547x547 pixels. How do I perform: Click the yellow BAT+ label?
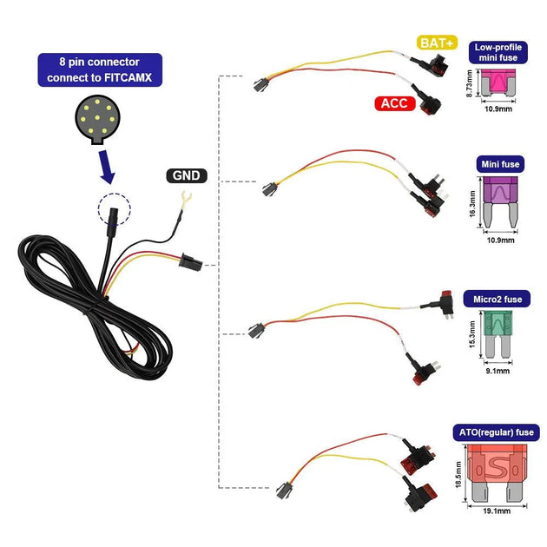pos(437,43)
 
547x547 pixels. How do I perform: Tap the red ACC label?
pos(394,103)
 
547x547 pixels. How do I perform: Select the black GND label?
pos(185,175)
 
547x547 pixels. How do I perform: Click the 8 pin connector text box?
pos(100,69)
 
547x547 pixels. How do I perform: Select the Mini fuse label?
pos(499,163)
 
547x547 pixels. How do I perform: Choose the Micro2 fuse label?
pos(499,298)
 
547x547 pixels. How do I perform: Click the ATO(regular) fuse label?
pos(498,432)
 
